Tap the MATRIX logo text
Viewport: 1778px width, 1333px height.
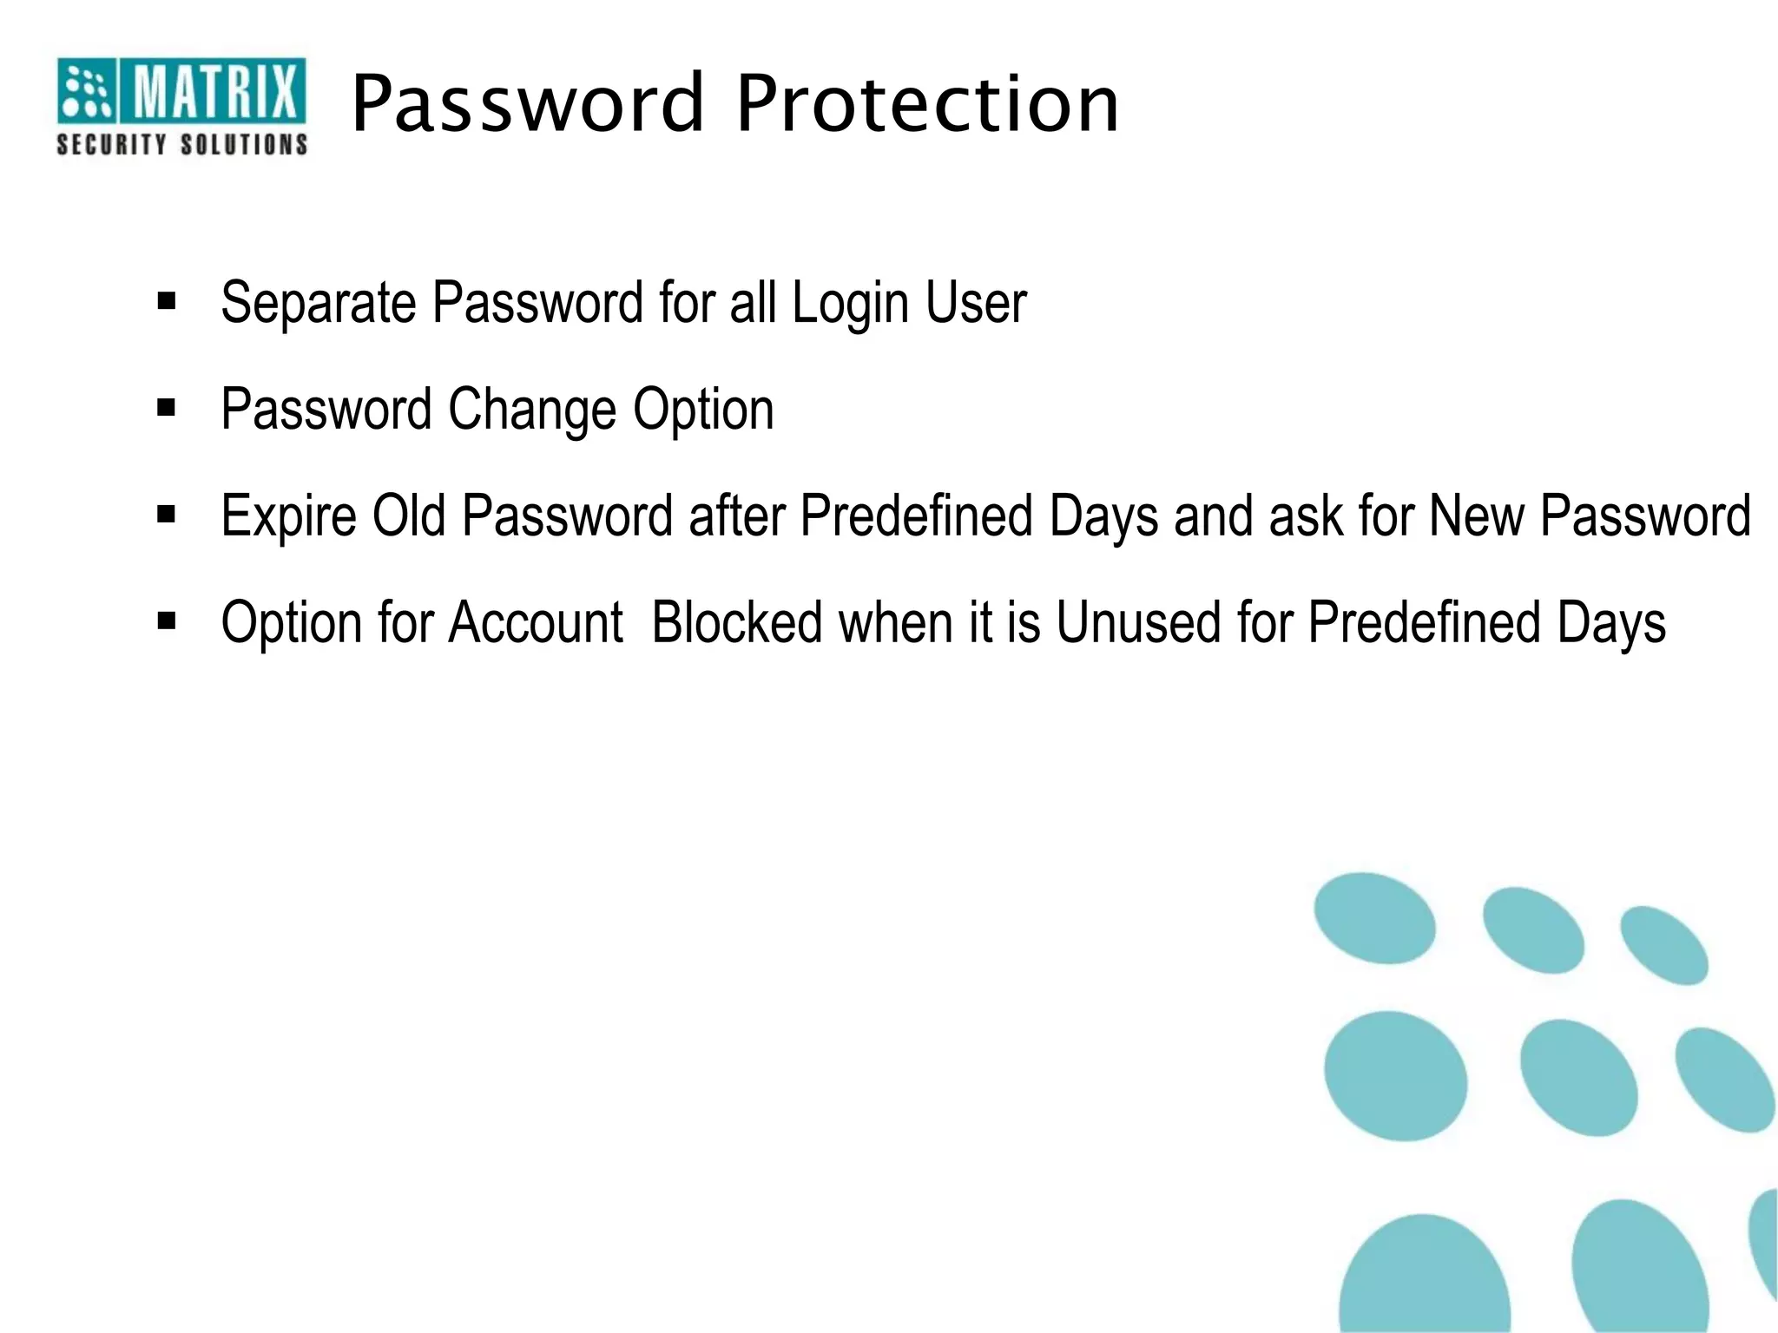point(214,91)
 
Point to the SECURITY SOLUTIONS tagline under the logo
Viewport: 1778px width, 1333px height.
point(182,144)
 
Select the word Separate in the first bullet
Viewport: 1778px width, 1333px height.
point(318,303)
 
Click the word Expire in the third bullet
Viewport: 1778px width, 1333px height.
point(288,517)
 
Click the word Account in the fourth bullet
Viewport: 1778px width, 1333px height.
point(536,622)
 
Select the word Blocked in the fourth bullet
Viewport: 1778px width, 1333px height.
point(737,622)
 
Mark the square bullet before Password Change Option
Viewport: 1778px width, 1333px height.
point(167,408)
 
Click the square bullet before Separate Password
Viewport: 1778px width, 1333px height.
point(167,301)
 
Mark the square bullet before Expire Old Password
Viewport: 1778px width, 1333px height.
point(167,515)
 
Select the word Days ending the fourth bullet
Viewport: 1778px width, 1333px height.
point(1611,624)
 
